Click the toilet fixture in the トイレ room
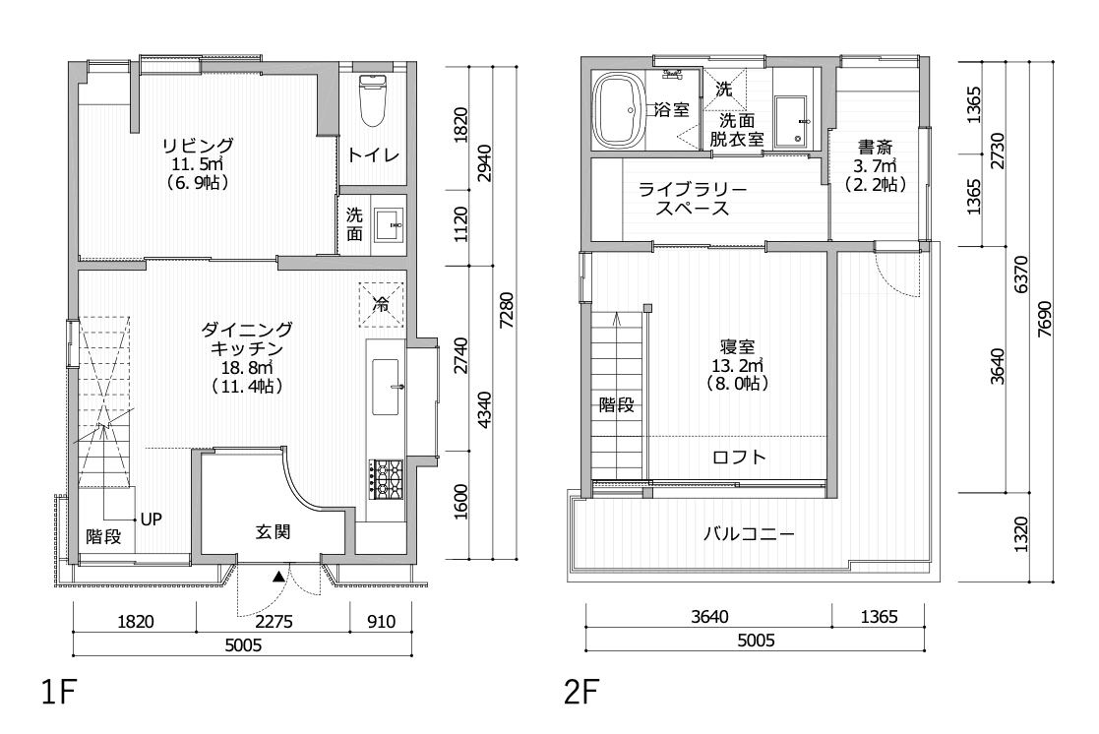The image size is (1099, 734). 372,100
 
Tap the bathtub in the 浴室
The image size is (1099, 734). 619,110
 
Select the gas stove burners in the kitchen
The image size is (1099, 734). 386,479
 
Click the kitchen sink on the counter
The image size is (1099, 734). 387,387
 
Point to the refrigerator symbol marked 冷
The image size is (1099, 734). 382,304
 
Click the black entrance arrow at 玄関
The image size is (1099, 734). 279,577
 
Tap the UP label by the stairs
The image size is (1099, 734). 152,519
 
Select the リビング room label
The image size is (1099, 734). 199,146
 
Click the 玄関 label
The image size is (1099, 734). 273,532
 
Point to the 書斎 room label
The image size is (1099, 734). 876,148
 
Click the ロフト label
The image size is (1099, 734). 740,458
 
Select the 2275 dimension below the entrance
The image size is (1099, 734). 274,621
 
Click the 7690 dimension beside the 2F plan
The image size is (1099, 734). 1044,319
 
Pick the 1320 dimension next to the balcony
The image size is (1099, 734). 1020,535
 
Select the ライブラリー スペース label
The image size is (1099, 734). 693,199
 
